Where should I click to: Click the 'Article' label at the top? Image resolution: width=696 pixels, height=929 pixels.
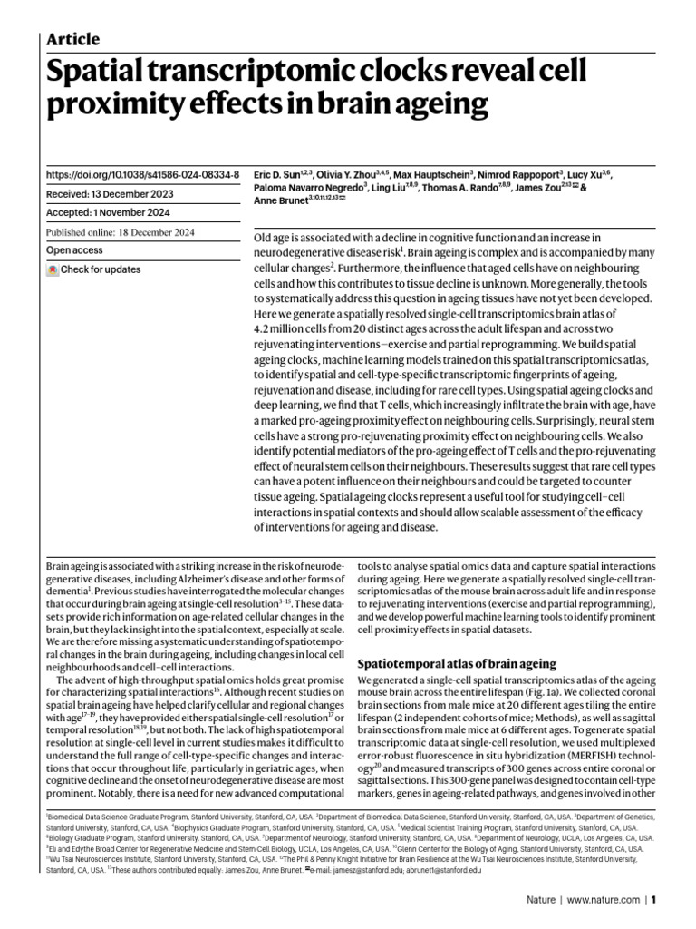coord(72,39)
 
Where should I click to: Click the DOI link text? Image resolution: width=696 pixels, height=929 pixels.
coord(142,173)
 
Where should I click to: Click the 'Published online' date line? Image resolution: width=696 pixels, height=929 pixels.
coord(139,231)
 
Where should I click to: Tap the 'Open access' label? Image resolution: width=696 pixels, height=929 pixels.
coord(76,250)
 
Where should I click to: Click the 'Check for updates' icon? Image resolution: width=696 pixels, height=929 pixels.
coord(53,269)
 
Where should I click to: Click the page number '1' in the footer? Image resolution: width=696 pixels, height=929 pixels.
coord(653,900)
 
